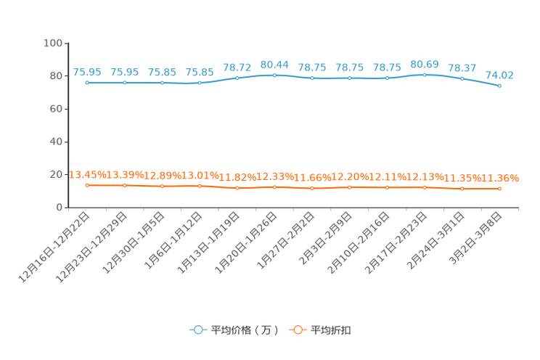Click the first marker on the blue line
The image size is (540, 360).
click(87, 82)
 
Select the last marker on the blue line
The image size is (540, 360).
click(499, 86)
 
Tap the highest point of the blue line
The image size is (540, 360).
click(425, 74)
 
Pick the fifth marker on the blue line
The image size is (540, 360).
click(237, 78)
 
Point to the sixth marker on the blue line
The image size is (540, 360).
click(274, 75)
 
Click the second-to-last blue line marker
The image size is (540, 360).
click(462, 78)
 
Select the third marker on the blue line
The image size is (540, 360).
click(162, 82)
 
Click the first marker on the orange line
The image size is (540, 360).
click(87, 186)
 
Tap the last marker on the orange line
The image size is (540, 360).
click(499, 189)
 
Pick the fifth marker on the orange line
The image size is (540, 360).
click(237, 189)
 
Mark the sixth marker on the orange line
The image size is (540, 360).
click(274, 187)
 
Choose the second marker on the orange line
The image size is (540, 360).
click(125, 186)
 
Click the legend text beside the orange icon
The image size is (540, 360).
click(332, 330)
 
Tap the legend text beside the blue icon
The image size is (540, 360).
click(245, 330)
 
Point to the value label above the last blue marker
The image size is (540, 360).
click(499, 75)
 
